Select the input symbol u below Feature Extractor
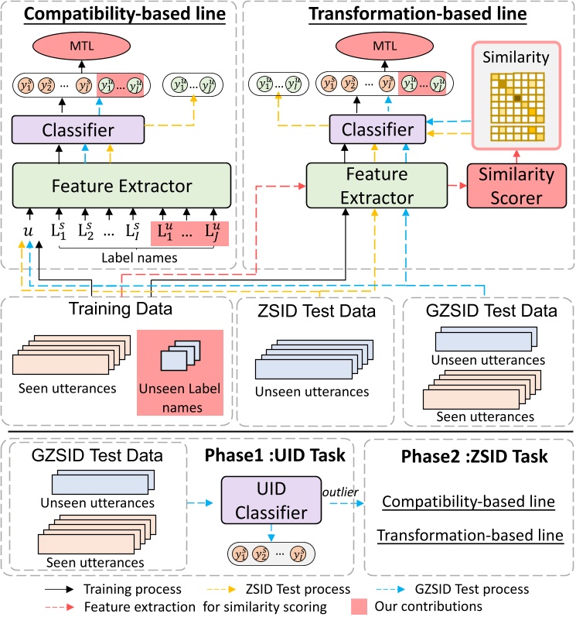point(28,231)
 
